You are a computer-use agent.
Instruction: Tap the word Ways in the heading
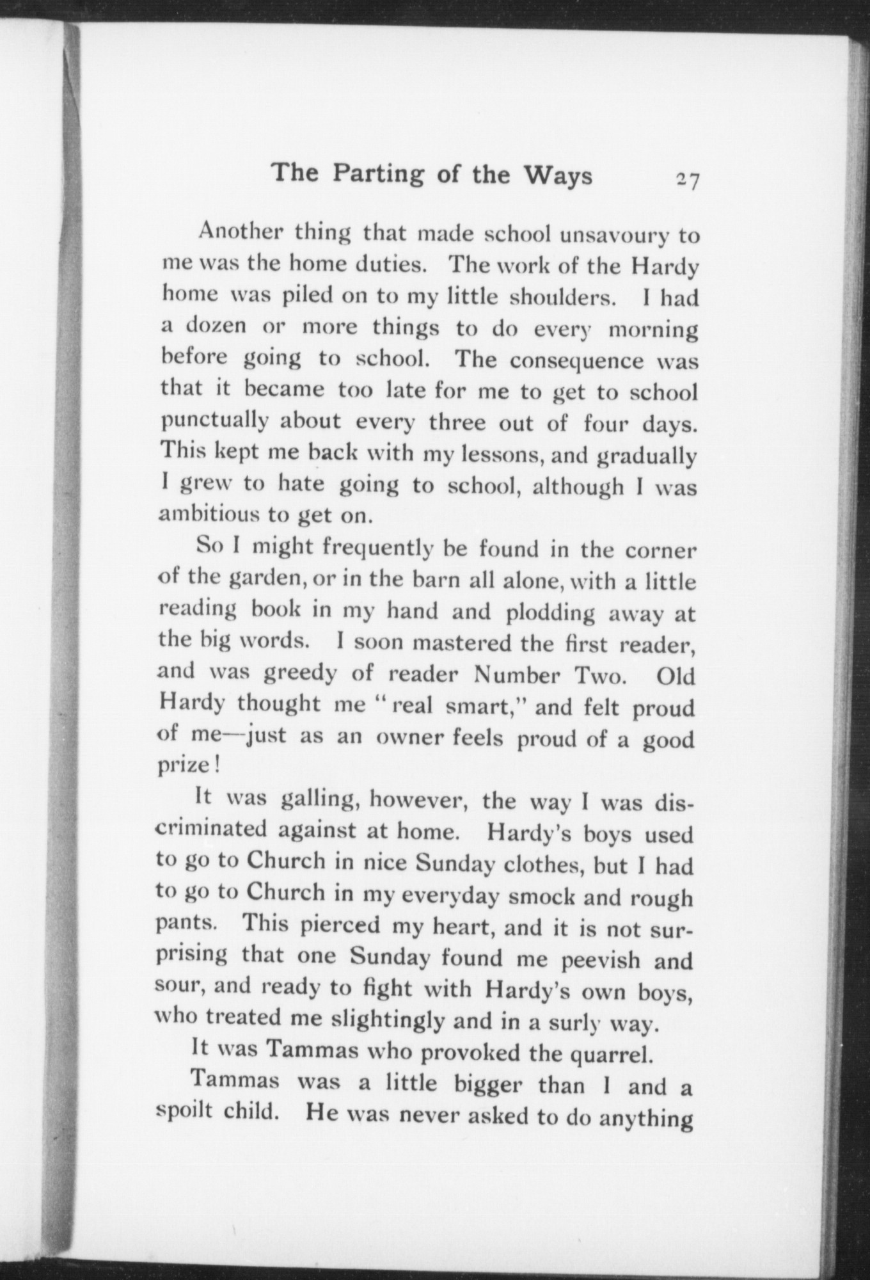[x=558, y=175]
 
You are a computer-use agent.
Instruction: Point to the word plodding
[x=550, y=612]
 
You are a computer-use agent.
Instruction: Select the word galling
[x=319, y=799]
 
